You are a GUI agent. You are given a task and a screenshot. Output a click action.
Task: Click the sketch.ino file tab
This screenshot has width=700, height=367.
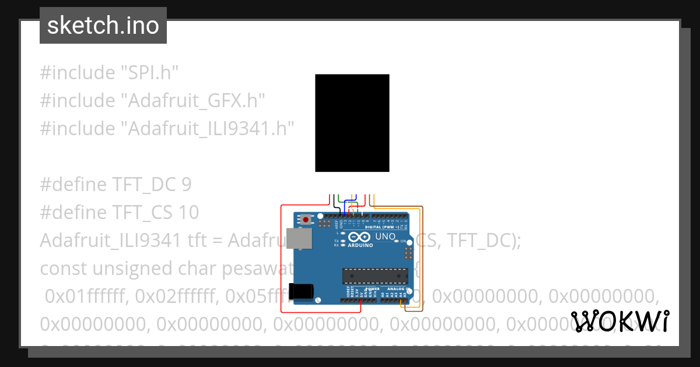click(x=103, y=26)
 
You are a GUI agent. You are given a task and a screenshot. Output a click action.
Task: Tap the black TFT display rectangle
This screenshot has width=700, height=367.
click(x=352, y=123)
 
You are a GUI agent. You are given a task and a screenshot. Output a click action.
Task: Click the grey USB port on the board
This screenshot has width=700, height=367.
click(x=299, y=239)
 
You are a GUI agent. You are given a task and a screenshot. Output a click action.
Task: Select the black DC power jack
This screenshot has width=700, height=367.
click(x=301, y=291)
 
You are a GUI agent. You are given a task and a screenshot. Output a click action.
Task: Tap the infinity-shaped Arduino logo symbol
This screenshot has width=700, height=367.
click(x=360, y=237)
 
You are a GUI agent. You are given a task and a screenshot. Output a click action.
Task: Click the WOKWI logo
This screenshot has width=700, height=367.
click(x=620, y=321)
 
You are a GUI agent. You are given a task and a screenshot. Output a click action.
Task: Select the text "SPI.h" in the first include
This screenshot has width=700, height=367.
click(x=149, y=73)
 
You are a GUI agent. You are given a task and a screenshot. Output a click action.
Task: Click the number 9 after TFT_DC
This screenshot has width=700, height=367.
click(x=186, y=185)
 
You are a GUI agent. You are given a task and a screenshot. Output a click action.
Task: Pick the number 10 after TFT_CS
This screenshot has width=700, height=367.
click(x=190, y=213)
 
